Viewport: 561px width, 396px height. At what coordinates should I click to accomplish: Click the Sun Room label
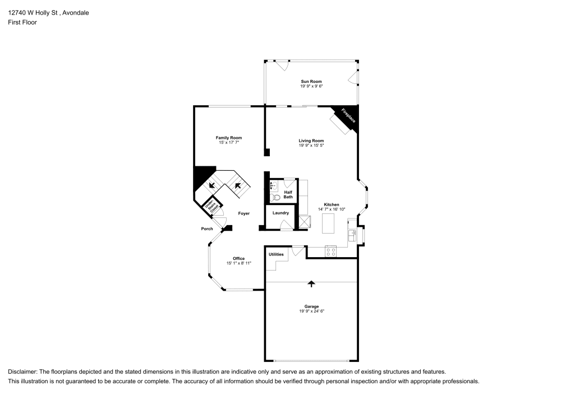(311, 81)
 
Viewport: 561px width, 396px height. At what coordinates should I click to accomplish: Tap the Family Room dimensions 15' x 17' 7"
(229, 142)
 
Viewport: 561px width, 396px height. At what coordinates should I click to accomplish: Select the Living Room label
(311, 141)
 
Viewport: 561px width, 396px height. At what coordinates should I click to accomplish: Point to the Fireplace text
(348, 116)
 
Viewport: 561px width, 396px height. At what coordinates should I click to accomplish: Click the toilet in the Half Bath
(275, 197)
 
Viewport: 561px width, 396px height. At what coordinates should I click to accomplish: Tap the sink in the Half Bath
(274, 186)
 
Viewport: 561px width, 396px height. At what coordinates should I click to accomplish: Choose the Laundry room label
(280, 213)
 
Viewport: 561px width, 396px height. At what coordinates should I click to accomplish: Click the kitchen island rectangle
(328, 223)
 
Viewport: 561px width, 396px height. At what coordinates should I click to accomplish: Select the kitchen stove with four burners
(330, 251)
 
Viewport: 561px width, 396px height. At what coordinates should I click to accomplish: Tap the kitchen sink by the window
(352, 235)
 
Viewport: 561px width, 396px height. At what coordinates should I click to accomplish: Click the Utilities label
(276, 254)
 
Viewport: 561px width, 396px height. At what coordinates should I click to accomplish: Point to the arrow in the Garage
(311, 284)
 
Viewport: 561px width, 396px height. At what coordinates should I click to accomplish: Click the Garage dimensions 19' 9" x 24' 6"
(311, 311)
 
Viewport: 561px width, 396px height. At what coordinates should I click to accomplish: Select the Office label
(238, 259)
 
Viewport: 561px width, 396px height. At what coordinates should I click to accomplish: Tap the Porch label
(207, 229)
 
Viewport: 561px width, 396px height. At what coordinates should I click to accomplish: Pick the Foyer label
(244, 213)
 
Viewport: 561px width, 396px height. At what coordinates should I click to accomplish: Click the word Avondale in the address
(76, 13)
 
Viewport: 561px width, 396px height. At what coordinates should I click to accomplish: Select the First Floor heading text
(22, 22)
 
